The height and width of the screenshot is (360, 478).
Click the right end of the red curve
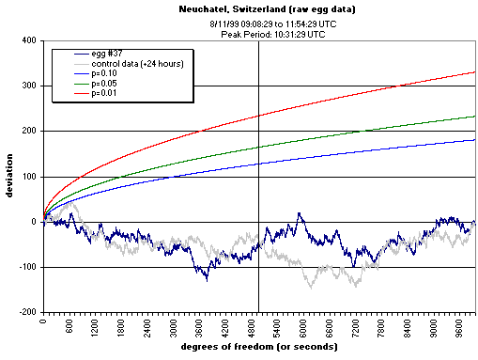[x=475, y=71]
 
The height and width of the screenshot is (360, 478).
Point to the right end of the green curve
[x=475, y=117]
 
